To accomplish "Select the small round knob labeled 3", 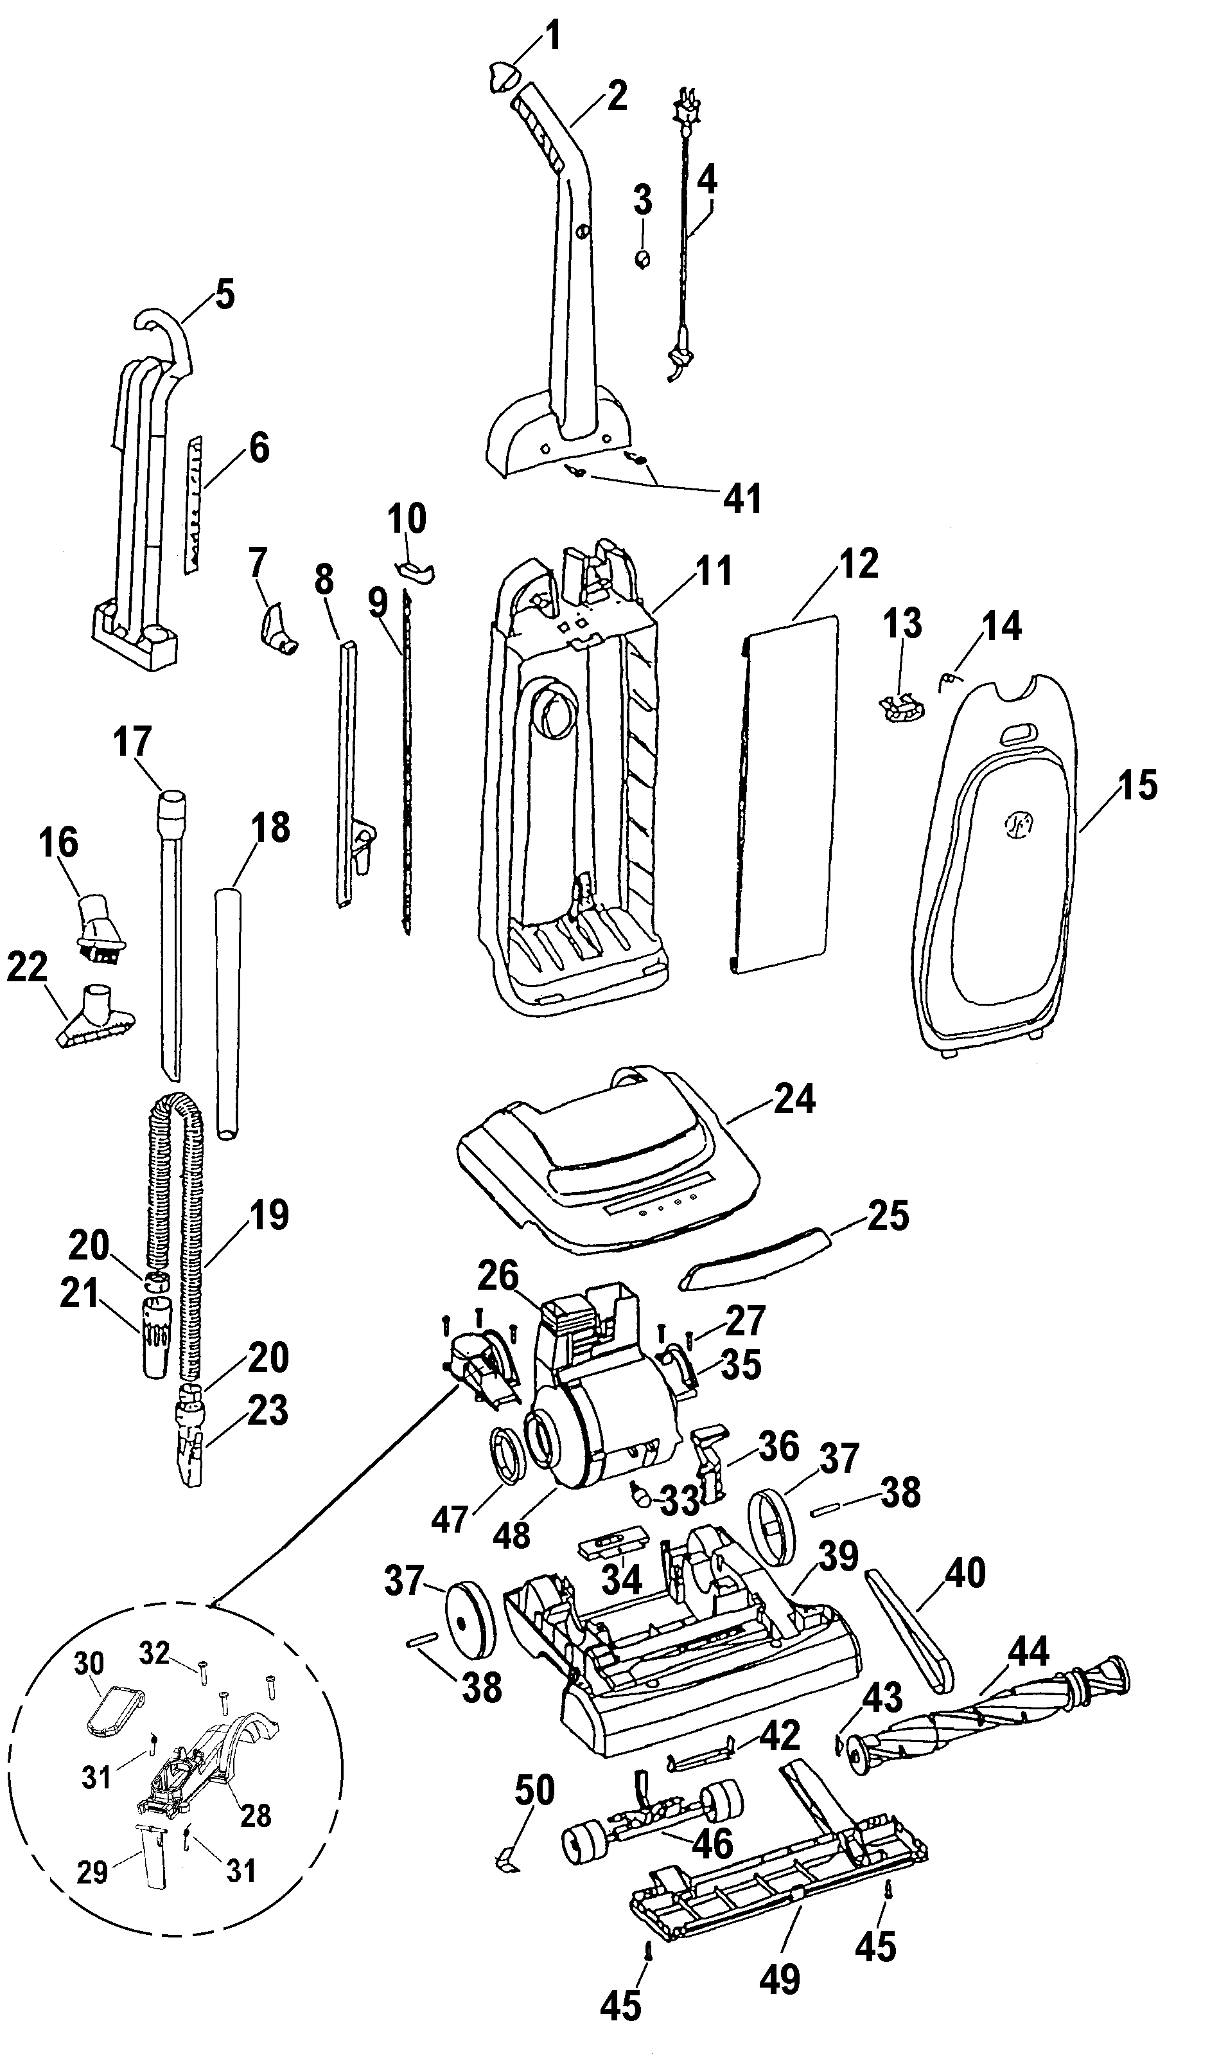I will [x=642, y=259].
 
